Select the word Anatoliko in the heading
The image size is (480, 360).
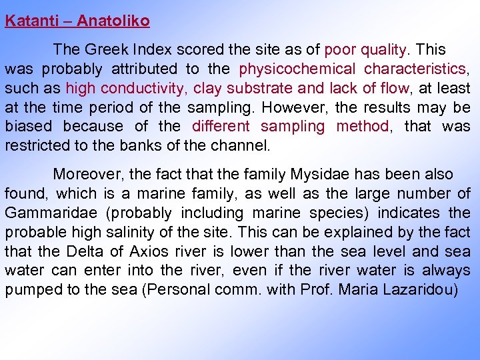coord(113,21)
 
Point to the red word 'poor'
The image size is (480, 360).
coord(339,49)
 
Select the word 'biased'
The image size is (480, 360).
coord(26,126)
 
